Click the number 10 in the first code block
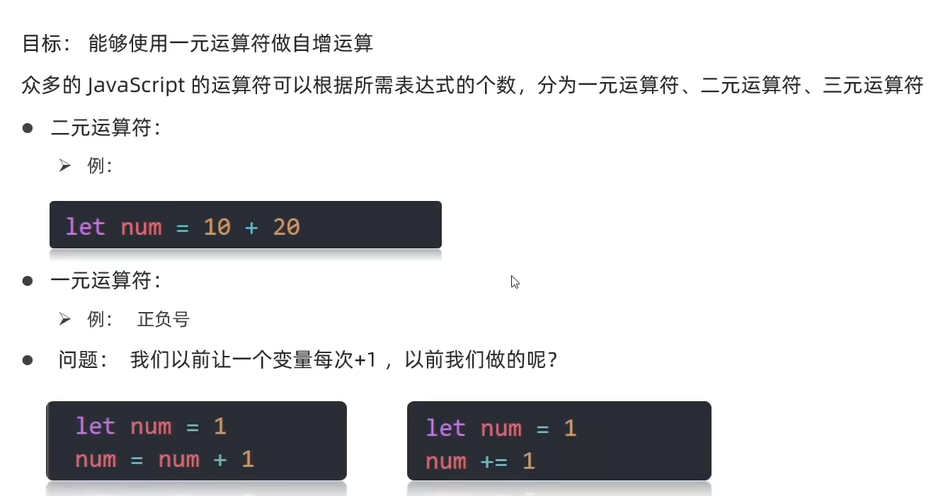pos(217,227)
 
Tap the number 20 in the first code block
pos(286,227)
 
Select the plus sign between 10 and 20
pos(251,227)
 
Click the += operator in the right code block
pos(493,462)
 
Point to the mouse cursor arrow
pos(515,282)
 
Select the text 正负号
pos(164,320)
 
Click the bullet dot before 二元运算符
pos(28,128)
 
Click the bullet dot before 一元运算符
pos(28,281)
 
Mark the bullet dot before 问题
pos(28,360)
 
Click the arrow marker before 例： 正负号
pos(65,320)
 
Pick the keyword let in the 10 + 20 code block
pos(85,227)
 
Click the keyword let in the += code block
pos(445,429)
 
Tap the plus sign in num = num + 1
pos(220,460)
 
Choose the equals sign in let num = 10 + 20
pos(183,227)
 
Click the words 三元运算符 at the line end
pos(873,86)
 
